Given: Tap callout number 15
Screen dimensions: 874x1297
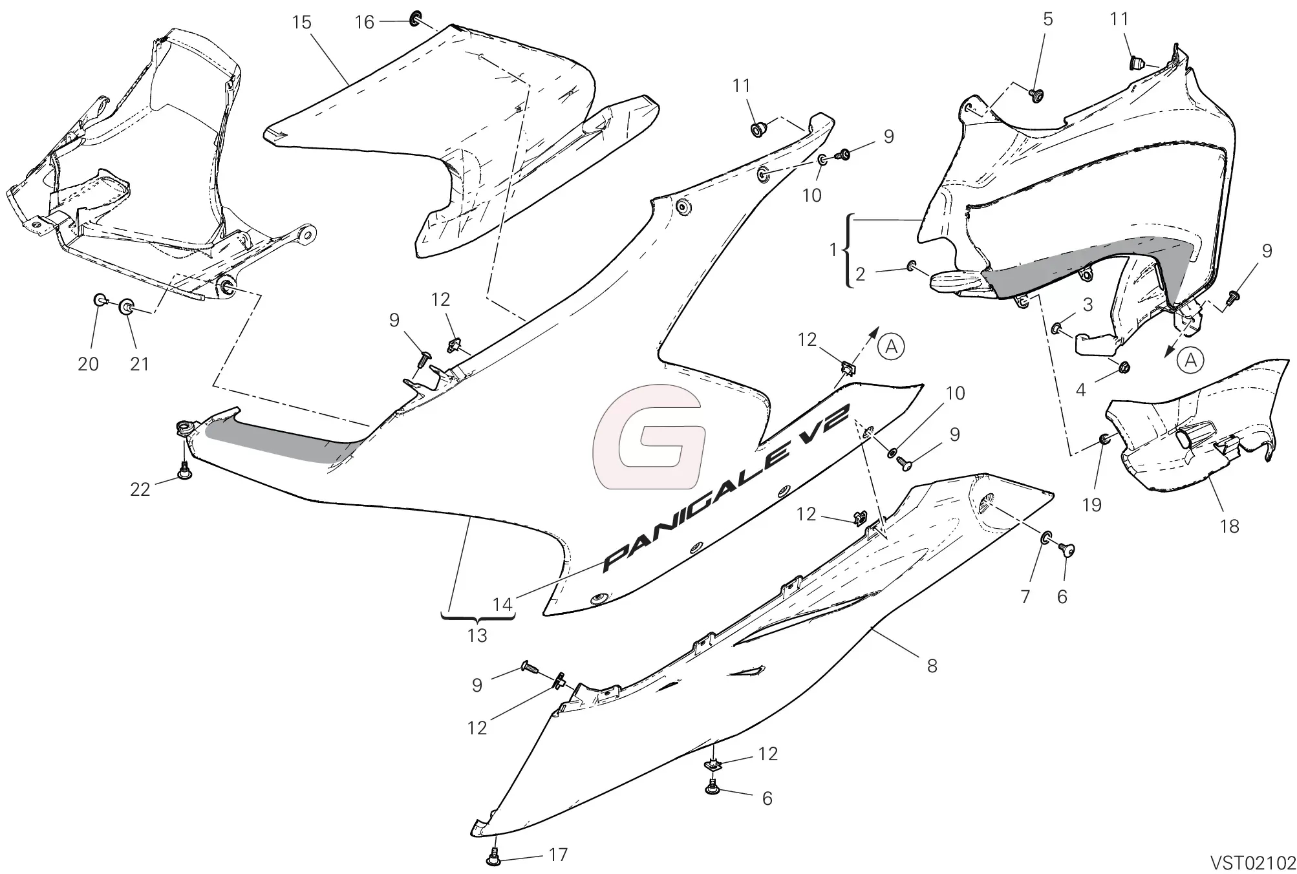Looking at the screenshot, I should [301, 22].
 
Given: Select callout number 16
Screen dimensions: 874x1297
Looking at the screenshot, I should [365, 23].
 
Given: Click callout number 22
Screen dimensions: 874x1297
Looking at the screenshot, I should [140, 489].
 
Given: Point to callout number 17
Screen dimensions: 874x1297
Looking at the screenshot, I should [558, 855].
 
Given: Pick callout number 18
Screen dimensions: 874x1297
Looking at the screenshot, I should [1229, 526].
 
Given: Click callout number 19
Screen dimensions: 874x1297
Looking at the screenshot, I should [1091, 504].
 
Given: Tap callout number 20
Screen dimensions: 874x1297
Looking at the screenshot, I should [88, 364].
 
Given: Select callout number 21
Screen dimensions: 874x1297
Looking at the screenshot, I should [139, 364].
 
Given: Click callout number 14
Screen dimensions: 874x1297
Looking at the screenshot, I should [502, 604].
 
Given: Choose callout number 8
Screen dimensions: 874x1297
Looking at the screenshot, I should [932, 665].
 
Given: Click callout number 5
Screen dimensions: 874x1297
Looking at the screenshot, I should [1047, 19].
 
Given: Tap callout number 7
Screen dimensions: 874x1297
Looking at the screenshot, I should [1025, 596].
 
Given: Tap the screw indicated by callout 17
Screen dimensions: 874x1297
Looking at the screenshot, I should [494, 858].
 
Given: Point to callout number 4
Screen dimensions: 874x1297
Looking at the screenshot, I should [1080, 390].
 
